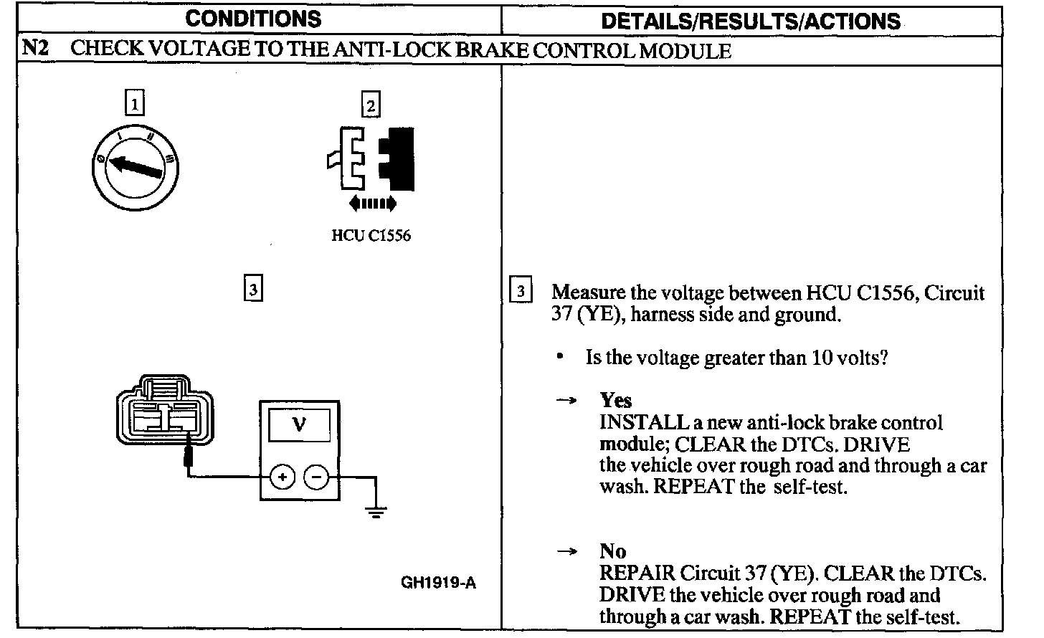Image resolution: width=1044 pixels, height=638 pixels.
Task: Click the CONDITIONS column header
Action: (x=255, y=19)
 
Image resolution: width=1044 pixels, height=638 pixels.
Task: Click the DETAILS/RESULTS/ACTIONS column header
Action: (x=751, y=21)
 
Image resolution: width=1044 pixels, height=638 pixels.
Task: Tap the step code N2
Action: (x=35, y=49)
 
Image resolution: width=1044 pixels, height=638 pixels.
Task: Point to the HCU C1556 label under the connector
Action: (x=371, y=236)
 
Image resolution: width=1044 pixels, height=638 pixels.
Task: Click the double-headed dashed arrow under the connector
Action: (x=371, y=204)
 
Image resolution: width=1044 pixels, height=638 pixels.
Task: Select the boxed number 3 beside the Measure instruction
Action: (x=521, y=291)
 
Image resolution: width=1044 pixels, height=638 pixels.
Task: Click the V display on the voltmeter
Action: (x=299, y=425)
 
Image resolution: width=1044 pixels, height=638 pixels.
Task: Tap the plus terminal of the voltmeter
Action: (x=283, y=477)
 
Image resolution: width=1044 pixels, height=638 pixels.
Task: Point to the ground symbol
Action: (x=375, y=511)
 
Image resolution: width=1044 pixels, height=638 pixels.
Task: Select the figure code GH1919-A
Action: (x=437, y=582)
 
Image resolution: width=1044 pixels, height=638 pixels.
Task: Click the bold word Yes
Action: (x=616, y=400)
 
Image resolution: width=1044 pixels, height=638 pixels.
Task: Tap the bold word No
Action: (x=613, y=551)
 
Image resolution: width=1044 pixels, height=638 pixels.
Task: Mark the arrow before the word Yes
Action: (x=567, y=401)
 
